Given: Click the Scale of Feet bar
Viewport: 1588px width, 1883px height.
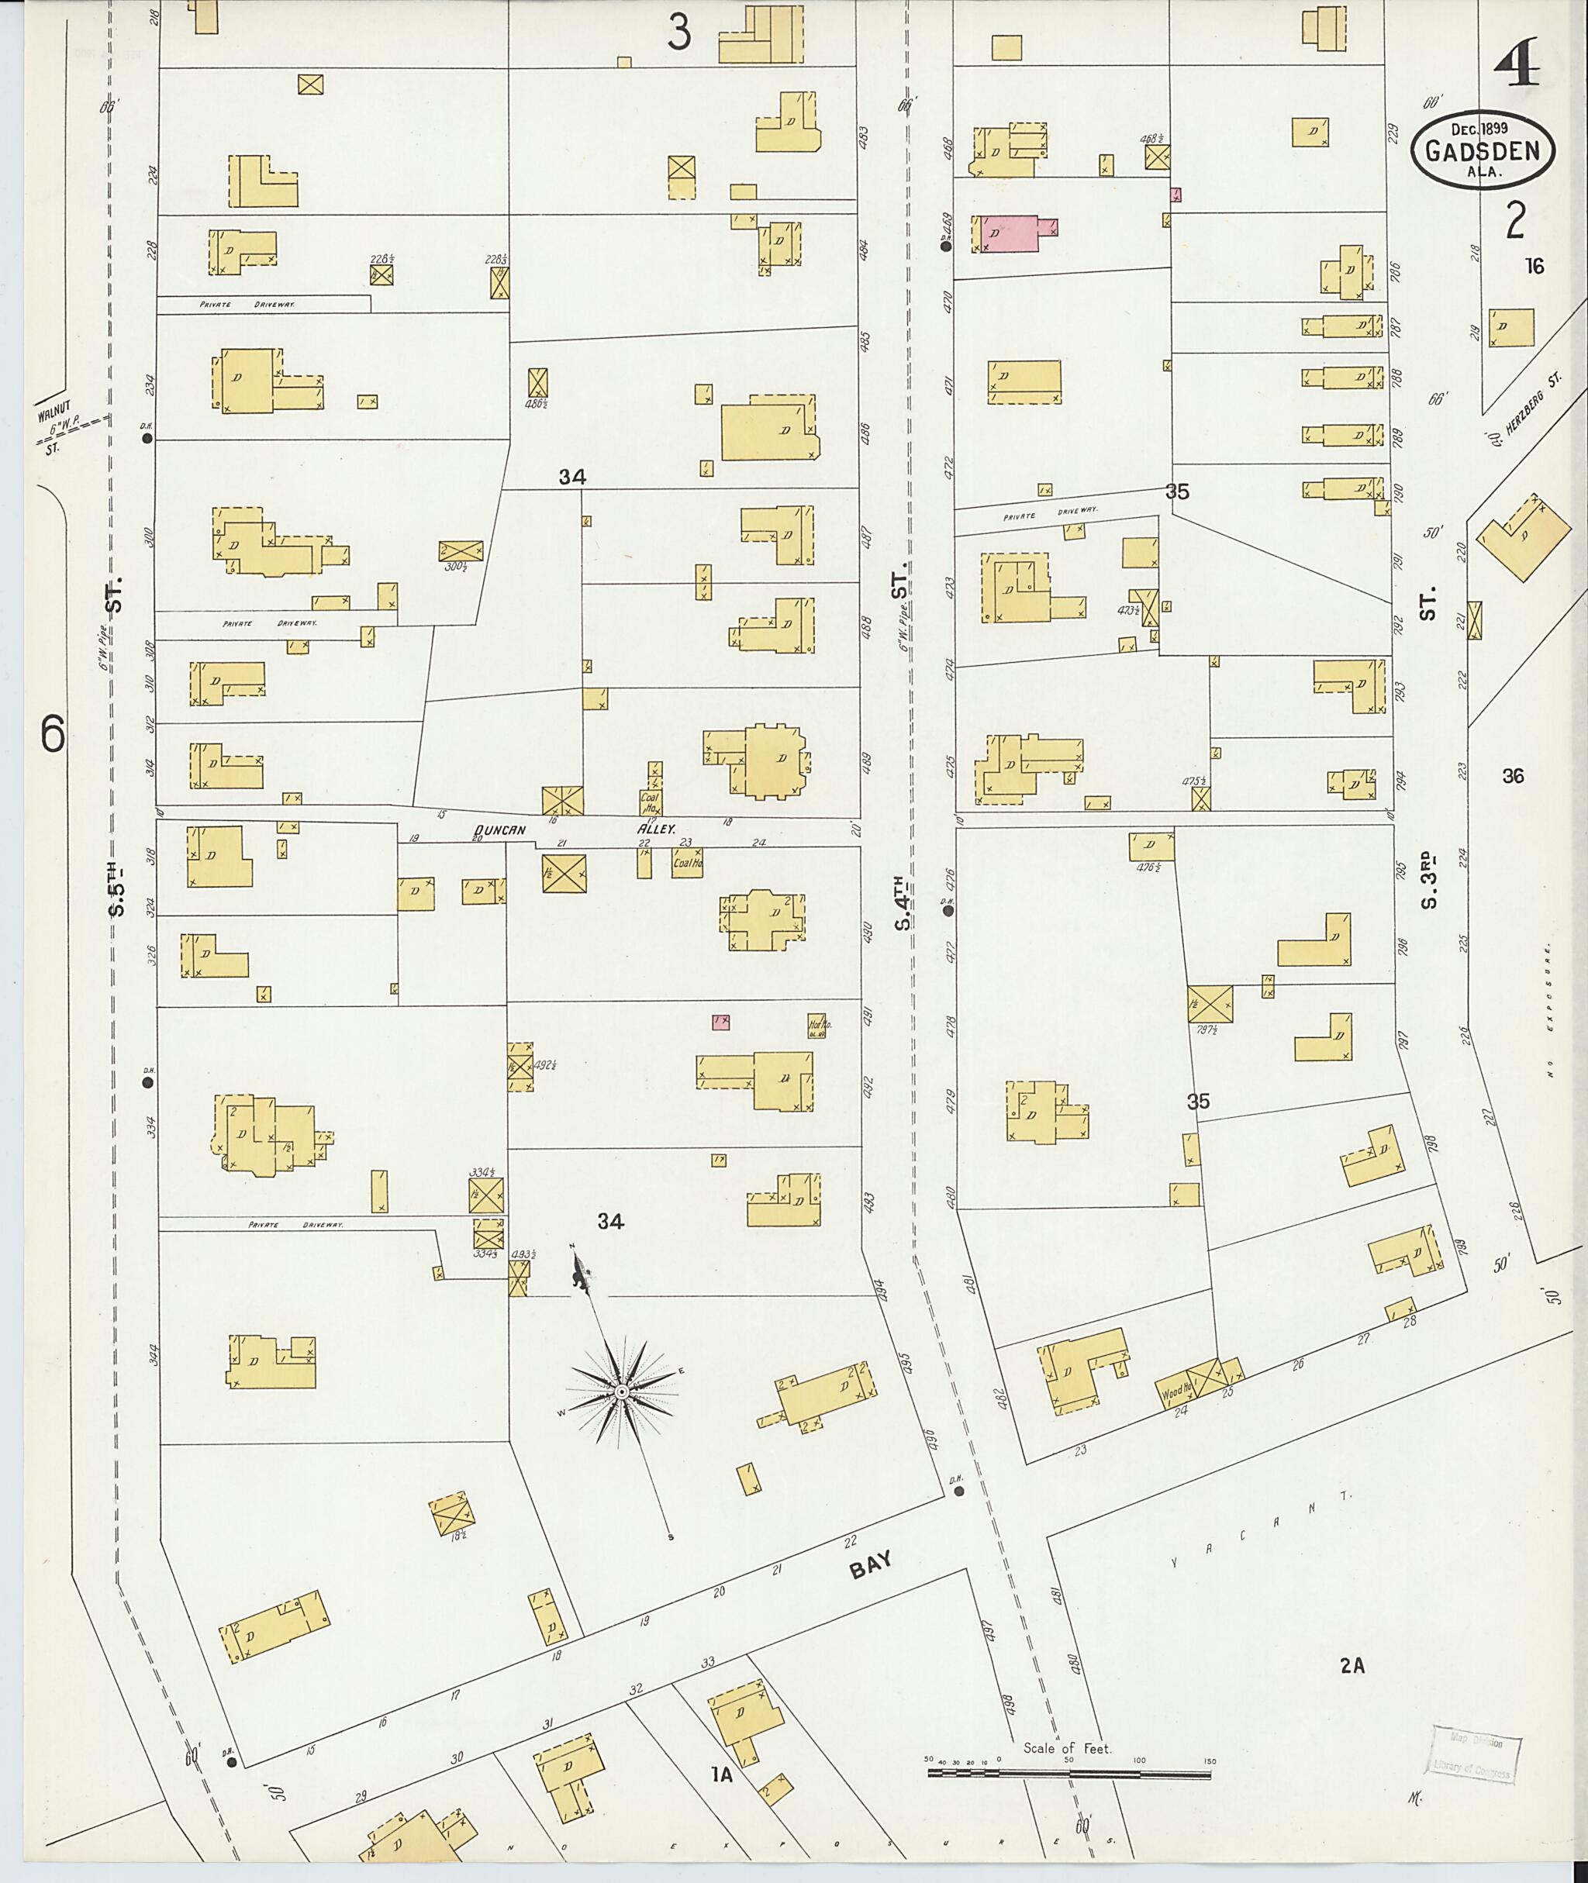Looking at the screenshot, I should tap(1068, 1774).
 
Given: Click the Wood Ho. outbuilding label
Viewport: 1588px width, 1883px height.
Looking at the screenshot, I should tap(1176, 1392).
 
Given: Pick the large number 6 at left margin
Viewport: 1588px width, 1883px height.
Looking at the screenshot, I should tap(52, 733).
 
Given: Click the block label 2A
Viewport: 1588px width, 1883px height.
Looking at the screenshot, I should tap(1352, 1666).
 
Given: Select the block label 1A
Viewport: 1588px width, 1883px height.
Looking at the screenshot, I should tap(721, 1775).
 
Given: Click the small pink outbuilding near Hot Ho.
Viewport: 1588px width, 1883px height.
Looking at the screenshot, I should tap(720, 1022).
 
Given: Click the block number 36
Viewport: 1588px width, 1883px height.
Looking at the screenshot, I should tap(1514, 776).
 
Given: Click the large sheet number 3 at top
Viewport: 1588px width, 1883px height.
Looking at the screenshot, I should tap(680, 33).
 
